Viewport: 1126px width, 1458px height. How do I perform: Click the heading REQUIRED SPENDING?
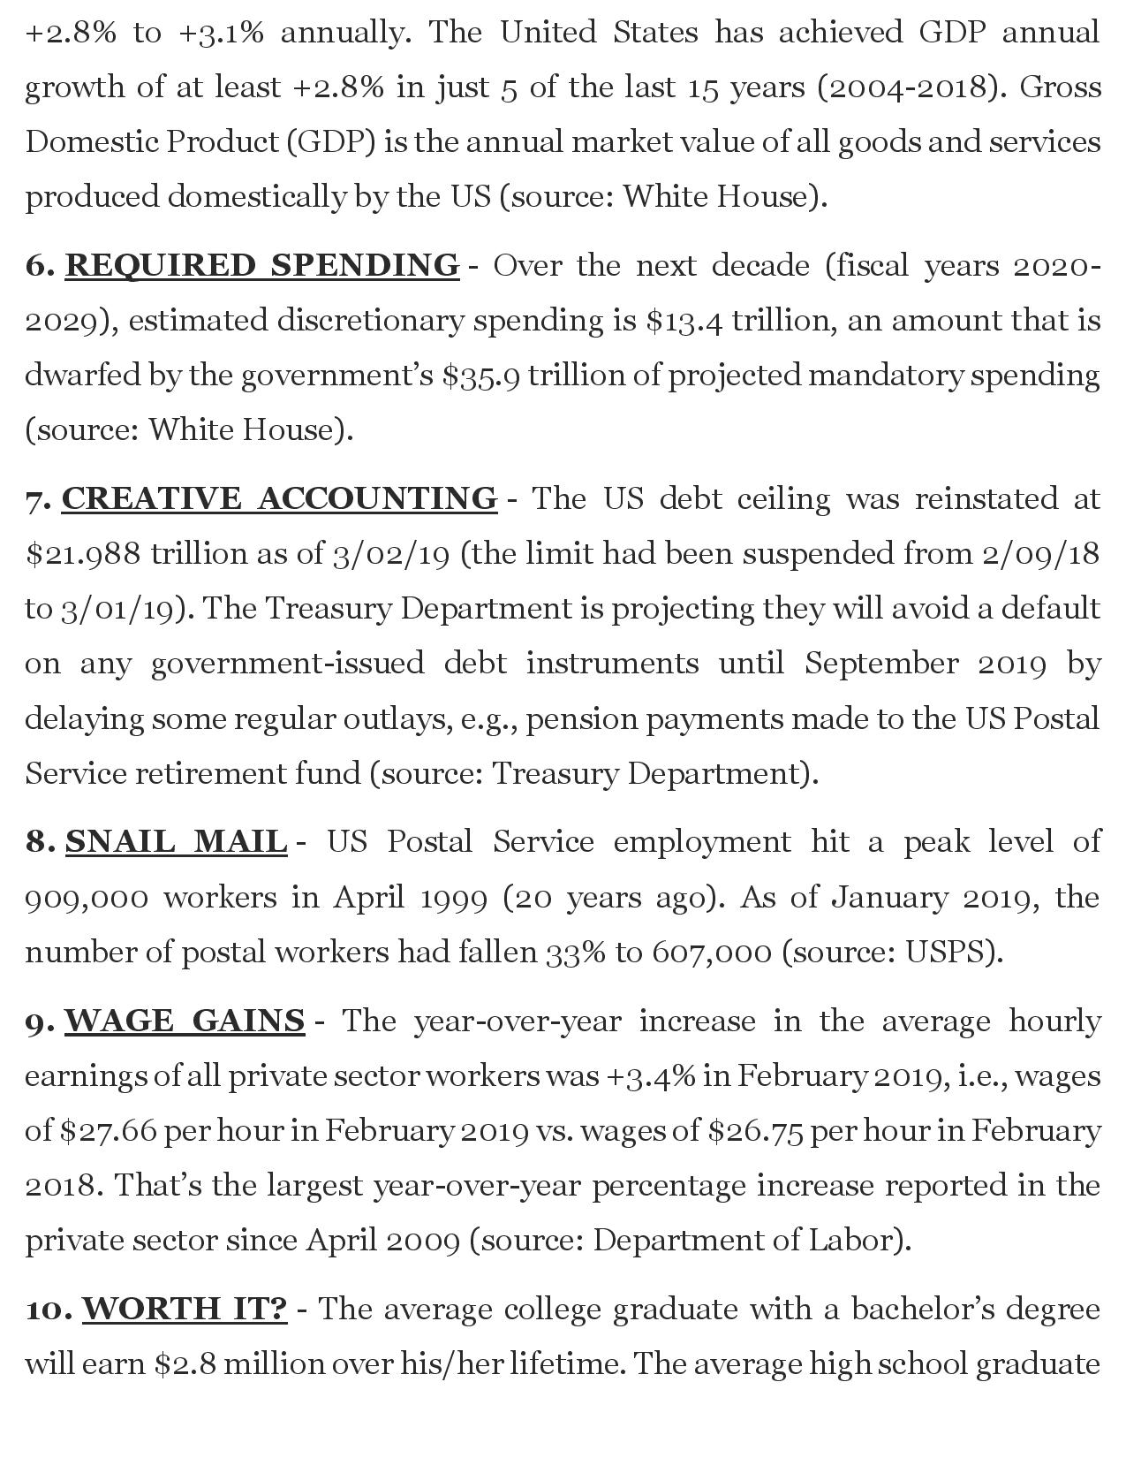pos(261,265)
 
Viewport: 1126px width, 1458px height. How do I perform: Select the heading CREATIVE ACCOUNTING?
pos(279,498)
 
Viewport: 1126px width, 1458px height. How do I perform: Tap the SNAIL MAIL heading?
pos(177,841)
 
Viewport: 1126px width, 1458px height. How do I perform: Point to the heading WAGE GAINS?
pos(185,1021)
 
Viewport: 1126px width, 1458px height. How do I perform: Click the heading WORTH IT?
pos(185,1309)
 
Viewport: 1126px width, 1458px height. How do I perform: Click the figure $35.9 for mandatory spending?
pos(481,376)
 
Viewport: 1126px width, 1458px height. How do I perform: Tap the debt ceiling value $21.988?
pos(83,554)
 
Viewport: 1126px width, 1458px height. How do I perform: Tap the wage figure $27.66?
pos(110,1131)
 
